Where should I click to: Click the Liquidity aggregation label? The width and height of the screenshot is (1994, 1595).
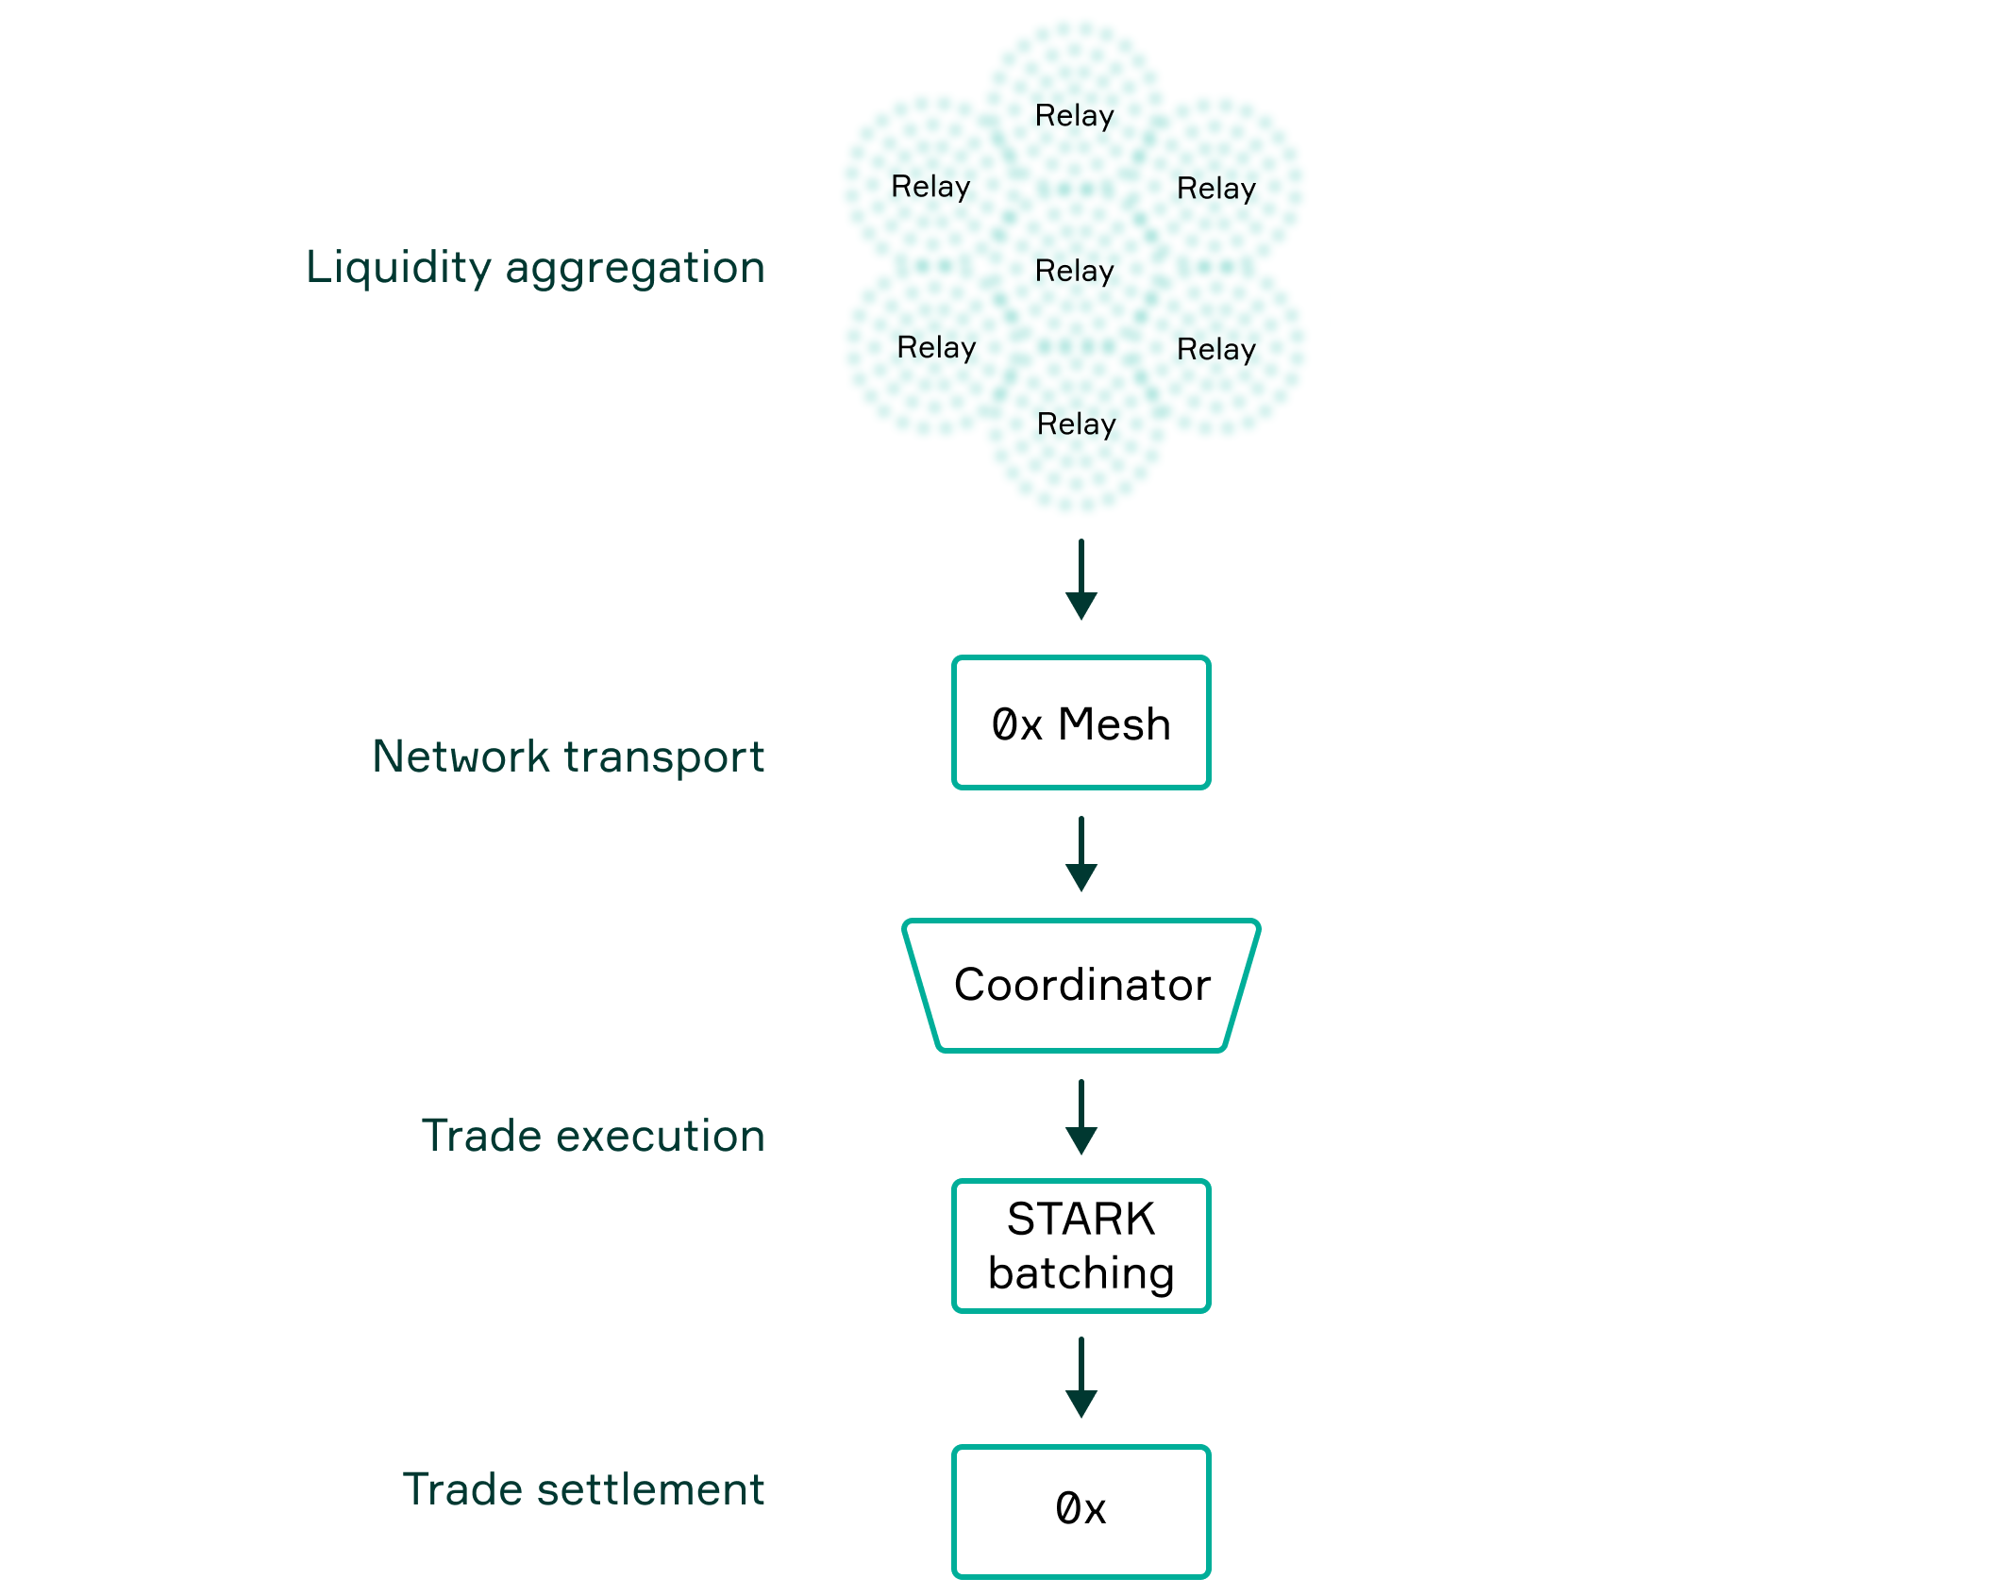click(x=535, y=268)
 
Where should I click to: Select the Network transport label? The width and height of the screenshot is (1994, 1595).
click(x=568, y=756)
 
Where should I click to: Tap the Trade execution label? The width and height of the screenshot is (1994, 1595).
click(x=593, y=1136)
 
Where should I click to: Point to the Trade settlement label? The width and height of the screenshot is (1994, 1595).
click(x=583, y=1490)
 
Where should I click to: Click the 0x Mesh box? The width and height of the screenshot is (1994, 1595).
click(x=1081, y=723)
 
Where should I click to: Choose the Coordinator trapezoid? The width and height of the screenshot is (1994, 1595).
click(x=1081, y=986)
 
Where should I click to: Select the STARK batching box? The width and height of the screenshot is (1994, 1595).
click(x=1081, y=1246)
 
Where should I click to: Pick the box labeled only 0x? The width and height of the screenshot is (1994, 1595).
click(x=1081, y=1510)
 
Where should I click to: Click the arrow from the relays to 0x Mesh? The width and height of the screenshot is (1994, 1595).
click(x=1081, y=579)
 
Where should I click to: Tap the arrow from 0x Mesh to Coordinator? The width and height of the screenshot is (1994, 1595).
click(x=1081, y=854)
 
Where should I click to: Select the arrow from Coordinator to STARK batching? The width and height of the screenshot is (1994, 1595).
click(x=1081, y=1117)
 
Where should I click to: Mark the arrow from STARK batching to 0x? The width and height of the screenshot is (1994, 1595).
click(x=1081, y=1377)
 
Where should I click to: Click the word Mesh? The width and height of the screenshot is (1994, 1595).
click(x=1114, y=724)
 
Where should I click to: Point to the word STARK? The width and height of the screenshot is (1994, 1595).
click(x=1081, y=1219)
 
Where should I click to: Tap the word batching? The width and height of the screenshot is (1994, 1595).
click(x=1081, y=1274)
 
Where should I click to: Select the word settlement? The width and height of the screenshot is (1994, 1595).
click(x=650, y=1490)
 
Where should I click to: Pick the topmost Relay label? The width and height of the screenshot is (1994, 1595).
click(x=1075, y=116)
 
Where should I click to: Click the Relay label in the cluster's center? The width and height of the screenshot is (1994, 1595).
click(x=1075, y=272)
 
